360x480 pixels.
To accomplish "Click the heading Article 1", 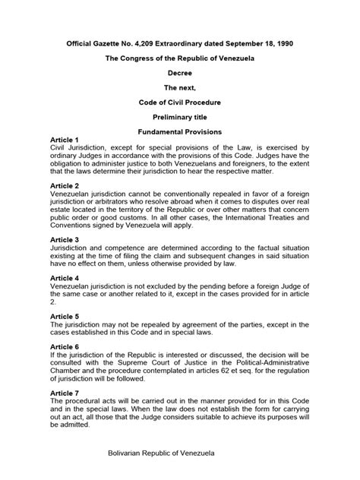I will click(63, 141).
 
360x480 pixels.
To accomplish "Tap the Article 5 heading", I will click(63, 317).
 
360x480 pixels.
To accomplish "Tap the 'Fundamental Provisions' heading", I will click(180, 131).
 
